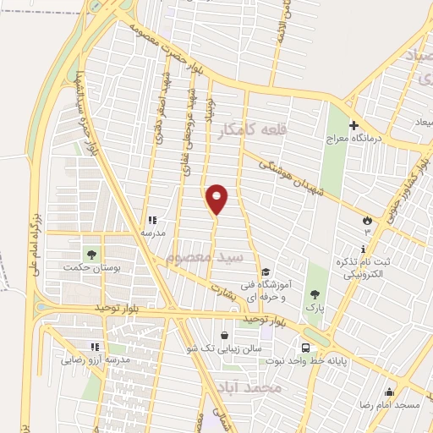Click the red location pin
(217, 198)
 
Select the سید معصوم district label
(205, 256)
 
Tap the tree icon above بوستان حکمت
(90, 254)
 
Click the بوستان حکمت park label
(88, 267)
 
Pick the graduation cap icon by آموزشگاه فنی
(266, 271)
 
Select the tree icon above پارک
(315, 294)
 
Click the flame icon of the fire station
(365, 221)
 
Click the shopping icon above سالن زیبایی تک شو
(223, 335)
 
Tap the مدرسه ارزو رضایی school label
(95, 359)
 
